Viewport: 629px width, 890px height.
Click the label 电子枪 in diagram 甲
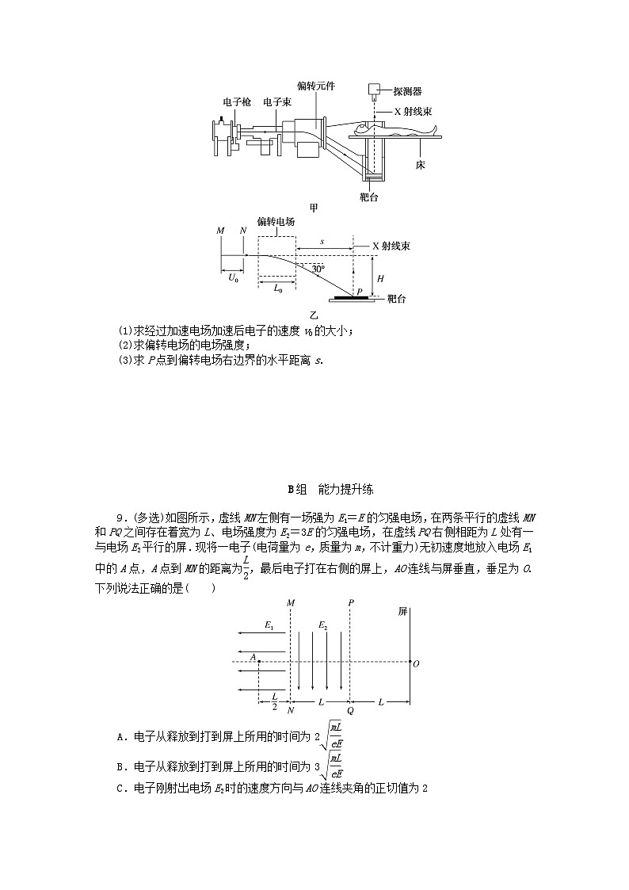click(x=236, y=102)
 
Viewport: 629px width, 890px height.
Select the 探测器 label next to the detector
click(x=409, y=90)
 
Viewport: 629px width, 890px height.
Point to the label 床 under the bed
click(x=421, y=166)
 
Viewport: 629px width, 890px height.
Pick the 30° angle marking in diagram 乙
click(x=318, y=269)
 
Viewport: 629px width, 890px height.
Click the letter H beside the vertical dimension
click(x=381, y=279)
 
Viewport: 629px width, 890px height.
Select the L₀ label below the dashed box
click(x=278, y=288)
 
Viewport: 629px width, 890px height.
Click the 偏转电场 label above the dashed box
click(x=276, y=222)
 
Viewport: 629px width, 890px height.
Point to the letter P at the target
click(x=359, y=291)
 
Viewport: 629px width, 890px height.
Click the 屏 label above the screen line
click(x=402, y=612)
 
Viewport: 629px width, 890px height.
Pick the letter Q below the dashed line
click(x=349, y=710)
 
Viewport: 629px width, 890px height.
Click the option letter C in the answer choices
click(x=120, y=788)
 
